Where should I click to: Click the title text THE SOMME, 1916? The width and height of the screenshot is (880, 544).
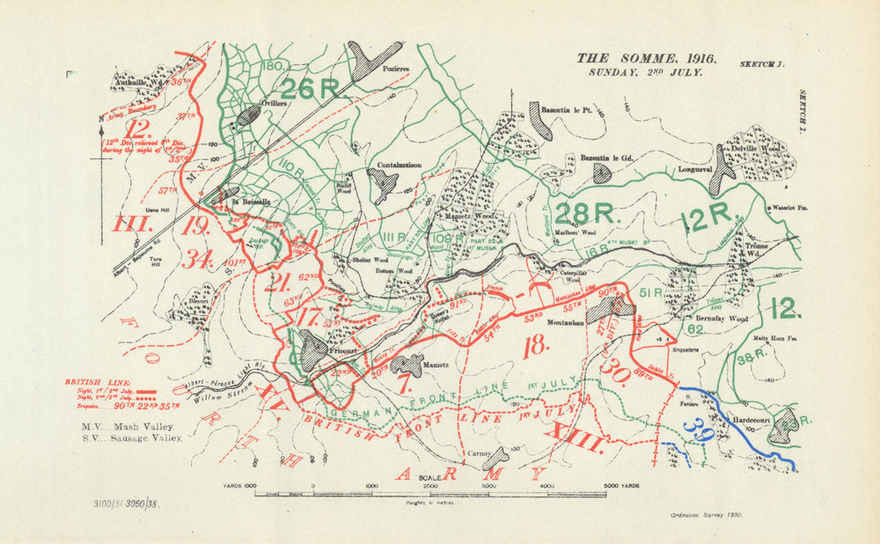click(x=646, y=59)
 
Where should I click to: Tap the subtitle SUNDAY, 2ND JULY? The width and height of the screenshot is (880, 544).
click(x=646, y=73)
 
